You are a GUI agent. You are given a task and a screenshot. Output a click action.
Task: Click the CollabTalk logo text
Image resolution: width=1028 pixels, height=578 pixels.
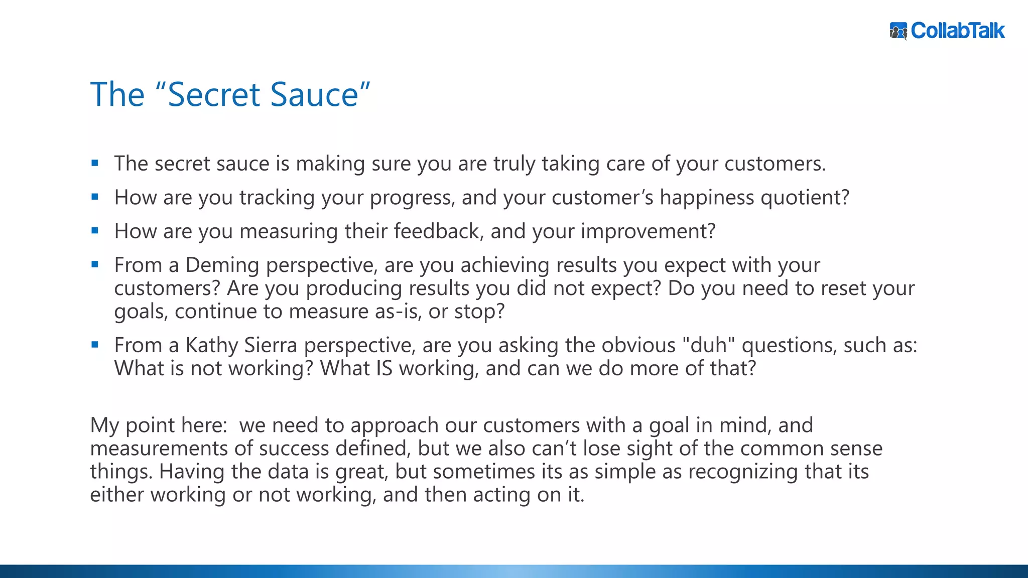957,31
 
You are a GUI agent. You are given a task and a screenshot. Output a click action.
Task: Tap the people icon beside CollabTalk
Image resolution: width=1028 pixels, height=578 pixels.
898,31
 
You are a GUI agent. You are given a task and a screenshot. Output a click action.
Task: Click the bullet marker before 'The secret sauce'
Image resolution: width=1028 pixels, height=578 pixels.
95,163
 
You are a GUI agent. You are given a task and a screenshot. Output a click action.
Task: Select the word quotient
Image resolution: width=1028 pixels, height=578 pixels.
805,198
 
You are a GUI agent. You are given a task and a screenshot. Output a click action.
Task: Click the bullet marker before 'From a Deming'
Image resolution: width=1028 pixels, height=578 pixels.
95,264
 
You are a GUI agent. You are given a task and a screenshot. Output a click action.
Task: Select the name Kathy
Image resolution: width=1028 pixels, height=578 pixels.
212,345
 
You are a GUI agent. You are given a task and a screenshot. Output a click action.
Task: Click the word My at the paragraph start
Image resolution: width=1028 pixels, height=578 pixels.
104,425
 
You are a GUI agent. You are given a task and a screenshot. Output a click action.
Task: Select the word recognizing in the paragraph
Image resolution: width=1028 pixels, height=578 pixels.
742,472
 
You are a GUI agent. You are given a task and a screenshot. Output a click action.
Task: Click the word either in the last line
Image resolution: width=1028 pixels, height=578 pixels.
117,495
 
